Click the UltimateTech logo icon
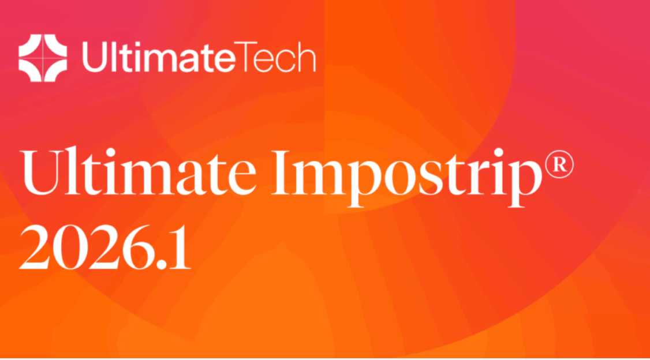(43, 58)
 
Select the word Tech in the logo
(276, 57)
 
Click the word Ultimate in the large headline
(138, 171)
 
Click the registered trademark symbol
(559, 164)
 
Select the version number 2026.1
(105, 247)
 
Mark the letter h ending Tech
(307, 57)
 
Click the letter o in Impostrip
(401, 179)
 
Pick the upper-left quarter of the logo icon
(30, 46)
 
